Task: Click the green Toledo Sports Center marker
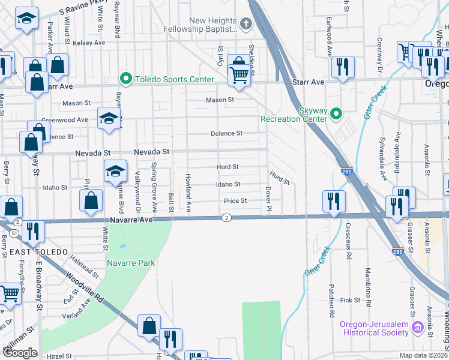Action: tap(126, 79)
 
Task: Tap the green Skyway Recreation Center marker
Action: tap(336, 112)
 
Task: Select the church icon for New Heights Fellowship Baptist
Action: tap(245, 24)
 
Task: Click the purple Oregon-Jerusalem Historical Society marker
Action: tap(418, 328)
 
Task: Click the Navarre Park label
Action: tap(131, 263)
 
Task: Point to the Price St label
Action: tap(235, 201)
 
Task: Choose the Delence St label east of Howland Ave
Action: tap(226, 133)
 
